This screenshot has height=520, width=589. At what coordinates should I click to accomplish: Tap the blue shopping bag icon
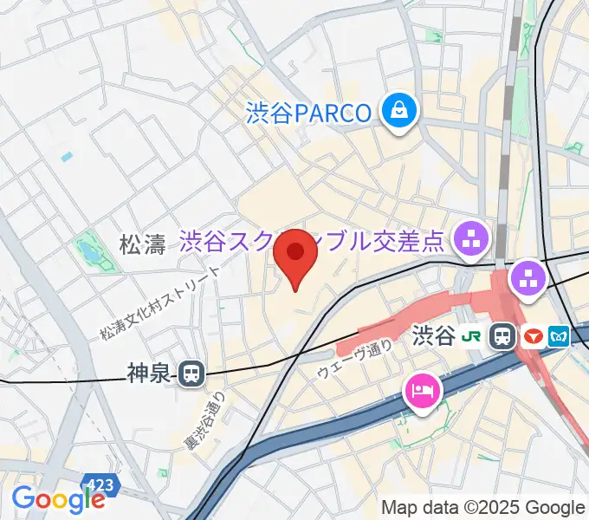[400, 111]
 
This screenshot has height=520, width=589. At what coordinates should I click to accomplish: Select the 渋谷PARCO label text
[308, 112]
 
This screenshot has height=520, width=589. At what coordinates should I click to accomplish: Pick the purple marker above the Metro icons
[527, 279]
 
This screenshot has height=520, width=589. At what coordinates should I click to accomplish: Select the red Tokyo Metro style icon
[532, 336]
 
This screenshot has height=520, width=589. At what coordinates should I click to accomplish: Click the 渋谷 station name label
[434, 335]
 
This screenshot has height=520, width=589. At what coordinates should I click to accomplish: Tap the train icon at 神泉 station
[192, 374]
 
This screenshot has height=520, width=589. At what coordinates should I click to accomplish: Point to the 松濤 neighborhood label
[142, 245]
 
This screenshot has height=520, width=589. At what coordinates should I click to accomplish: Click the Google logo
[57, 498]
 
